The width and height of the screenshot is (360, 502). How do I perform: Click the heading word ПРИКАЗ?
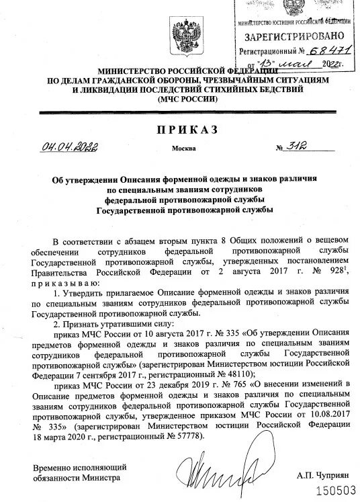coord(180,130)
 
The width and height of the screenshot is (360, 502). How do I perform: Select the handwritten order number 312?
coord(291,147)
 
